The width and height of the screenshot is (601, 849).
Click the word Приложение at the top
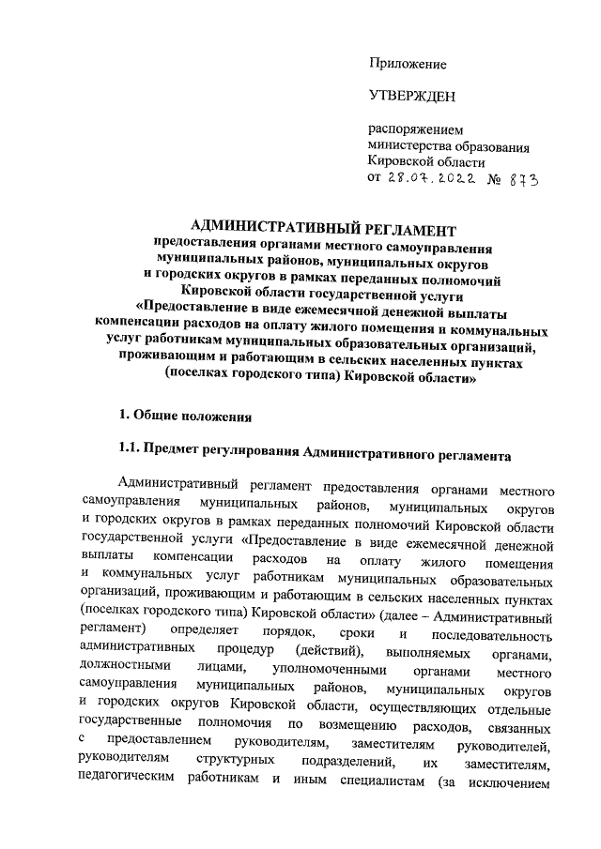pos(407,64)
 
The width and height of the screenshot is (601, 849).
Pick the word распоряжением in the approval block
pos(416,129)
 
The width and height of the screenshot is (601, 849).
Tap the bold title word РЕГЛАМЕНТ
pos(404,227)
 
